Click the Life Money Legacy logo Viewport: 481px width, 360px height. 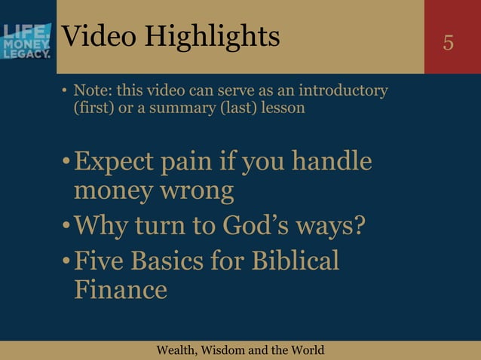(27, 41)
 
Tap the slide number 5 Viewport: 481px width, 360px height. (449, 43)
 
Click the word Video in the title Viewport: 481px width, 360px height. (96, 35)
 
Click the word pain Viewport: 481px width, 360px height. (200, 163)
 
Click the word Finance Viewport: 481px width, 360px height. (121, 289)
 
